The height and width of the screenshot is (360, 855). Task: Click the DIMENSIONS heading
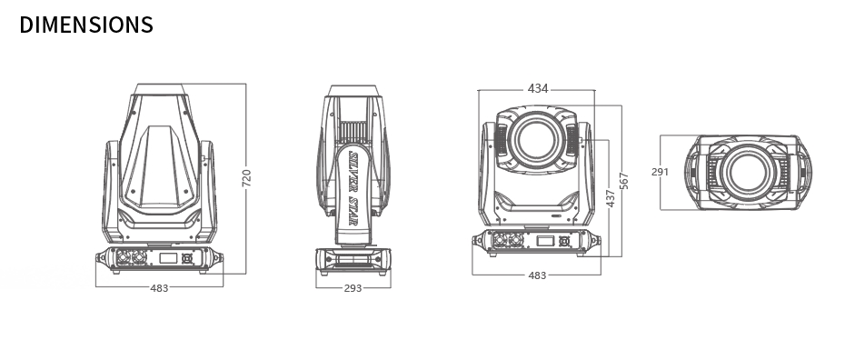(86, 25)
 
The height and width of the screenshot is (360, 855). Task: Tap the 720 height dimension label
(246, 178)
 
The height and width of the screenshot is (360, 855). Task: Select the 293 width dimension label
(353, 288)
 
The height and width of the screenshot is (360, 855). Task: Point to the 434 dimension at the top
(538, 88)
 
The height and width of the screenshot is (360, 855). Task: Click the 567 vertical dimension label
(624, 181)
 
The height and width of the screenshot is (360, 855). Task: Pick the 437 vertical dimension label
(611, 198)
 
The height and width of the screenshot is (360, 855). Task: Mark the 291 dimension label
(660, 172)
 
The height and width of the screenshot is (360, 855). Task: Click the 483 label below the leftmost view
(159, 288)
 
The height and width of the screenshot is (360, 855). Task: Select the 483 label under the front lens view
(537, 275)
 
